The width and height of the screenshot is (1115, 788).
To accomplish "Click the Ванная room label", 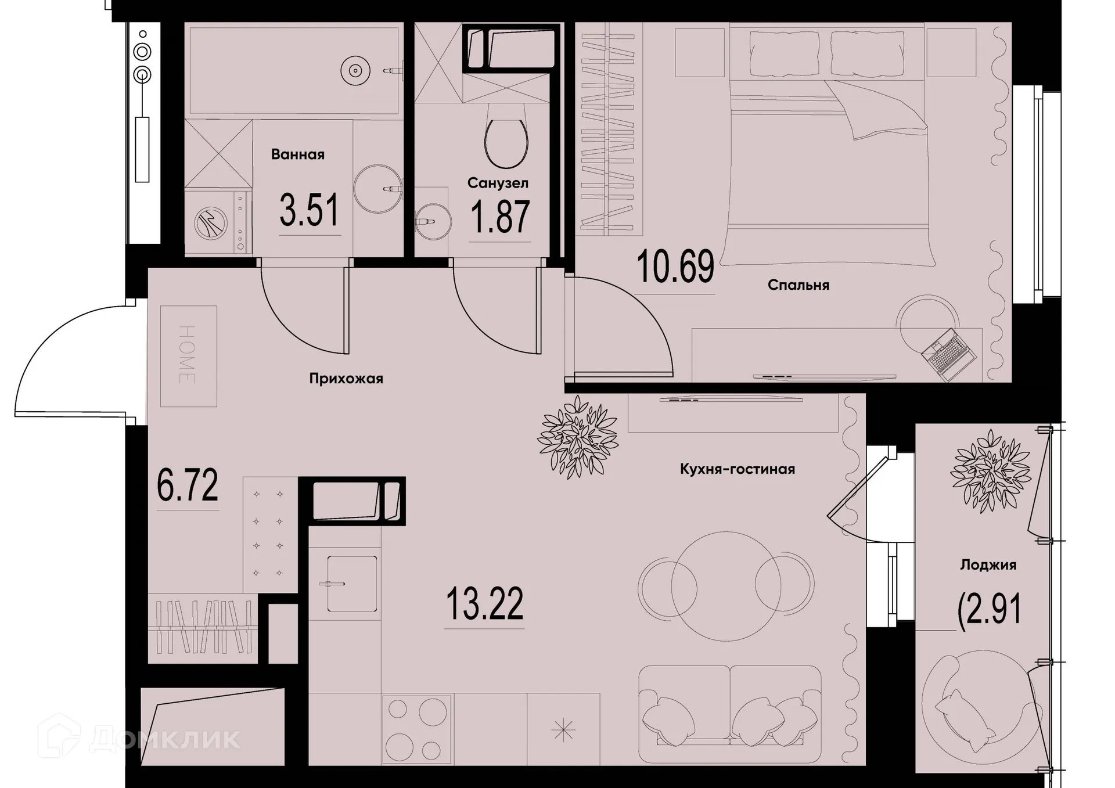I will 297,154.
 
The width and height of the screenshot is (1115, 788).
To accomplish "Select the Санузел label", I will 498,183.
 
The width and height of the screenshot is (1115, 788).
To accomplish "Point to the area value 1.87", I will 500,217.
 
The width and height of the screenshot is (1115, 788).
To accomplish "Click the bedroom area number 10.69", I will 675,267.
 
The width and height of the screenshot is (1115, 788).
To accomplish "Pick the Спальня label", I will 798,285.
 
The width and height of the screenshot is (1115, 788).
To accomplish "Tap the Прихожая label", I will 346,379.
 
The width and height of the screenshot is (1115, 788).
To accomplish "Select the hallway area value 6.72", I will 188,485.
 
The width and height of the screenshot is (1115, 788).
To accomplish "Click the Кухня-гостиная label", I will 737,469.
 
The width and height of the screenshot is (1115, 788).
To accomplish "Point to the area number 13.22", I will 484,604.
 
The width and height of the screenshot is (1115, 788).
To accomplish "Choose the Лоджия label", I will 988,565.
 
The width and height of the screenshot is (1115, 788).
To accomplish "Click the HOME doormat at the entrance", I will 188,356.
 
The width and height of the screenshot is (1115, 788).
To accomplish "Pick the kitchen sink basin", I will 351,584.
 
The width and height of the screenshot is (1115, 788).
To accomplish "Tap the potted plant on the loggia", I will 990,471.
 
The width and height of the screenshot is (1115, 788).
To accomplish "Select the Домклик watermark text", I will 165,738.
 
